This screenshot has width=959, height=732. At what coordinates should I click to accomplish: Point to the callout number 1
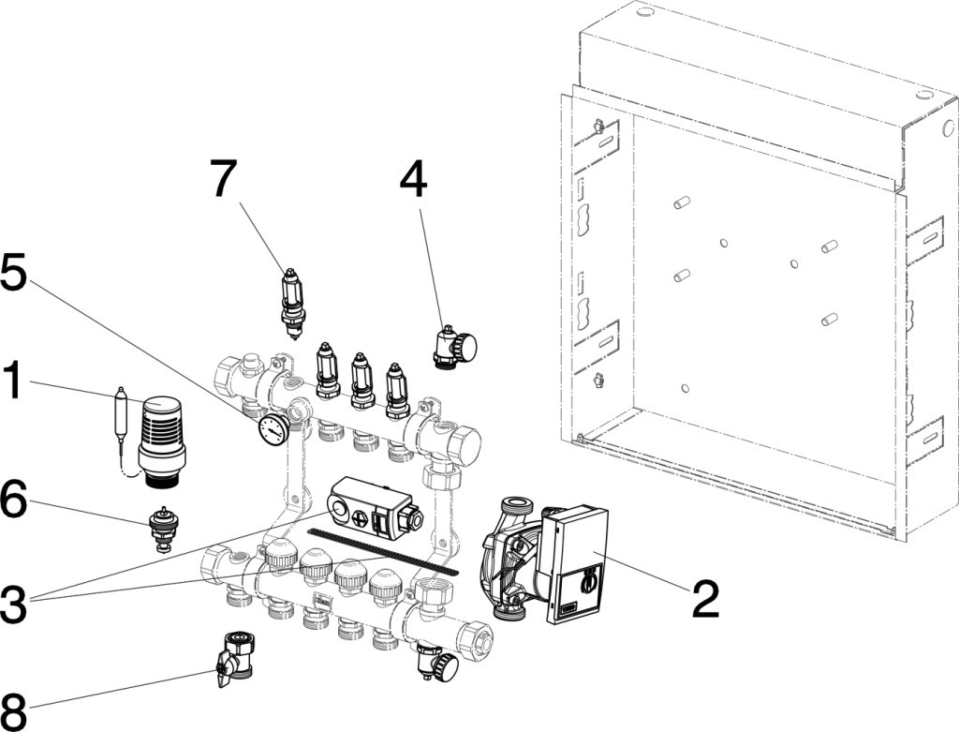click(x=16, y=382)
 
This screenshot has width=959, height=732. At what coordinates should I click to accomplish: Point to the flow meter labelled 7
click(x=293, y=302)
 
